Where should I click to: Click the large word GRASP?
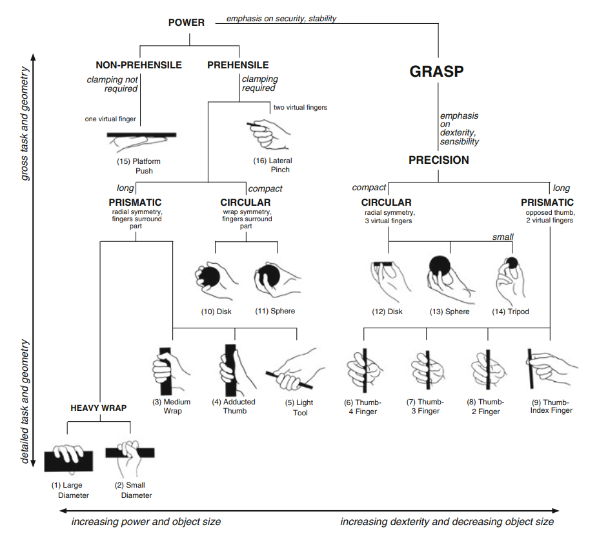[x=436, y=72]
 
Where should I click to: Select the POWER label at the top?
[x=186, y=23]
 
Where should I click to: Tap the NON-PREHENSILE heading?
[x=139, y=65]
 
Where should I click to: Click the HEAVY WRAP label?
[x=99, y=408]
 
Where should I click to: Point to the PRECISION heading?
[x=438, y=160]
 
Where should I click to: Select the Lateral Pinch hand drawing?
[x=268, y=132]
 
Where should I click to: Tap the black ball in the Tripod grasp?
[x=511, y=263]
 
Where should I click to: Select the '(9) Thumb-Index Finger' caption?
[x=551, y=406]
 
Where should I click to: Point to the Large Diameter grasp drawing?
[x=69, y=457]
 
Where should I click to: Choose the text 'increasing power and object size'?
[x=146, y=521]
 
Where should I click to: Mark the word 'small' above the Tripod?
[x=502, y=237]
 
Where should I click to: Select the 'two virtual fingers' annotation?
[x=300, y=107]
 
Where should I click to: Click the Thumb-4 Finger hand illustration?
[x=363, y=370]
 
